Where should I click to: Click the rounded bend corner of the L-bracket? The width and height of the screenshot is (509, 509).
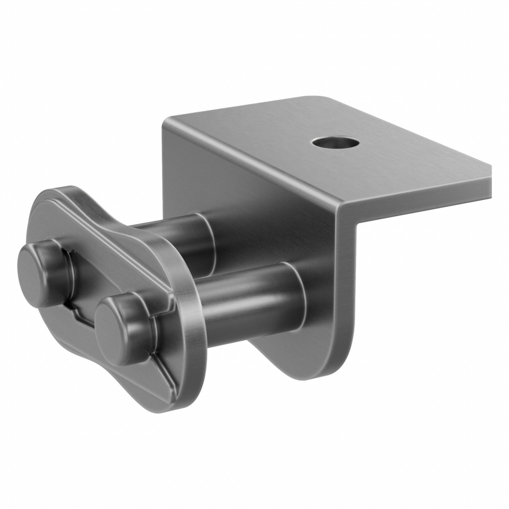point(343,211)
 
